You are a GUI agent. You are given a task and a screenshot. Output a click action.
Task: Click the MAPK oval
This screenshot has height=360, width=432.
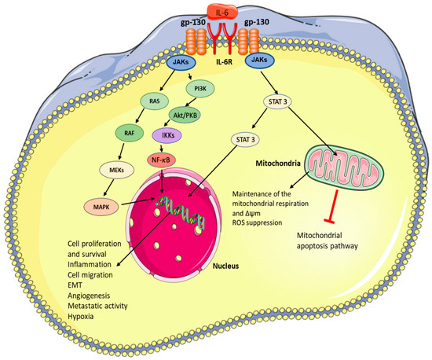(91, 206)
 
